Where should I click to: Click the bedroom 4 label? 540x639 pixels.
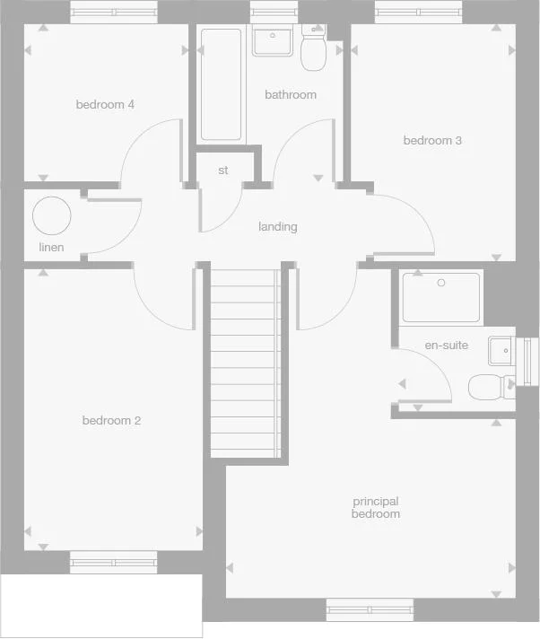[105, 105]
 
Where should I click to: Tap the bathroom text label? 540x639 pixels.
[291, 95]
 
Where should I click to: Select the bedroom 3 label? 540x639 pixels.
[432, 141]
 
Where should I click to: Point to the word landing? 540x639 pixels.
[277, 227]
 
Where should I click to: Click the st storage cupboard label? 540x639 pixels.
[223, 171]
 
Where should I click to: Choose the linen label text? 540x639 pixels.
[51, 247]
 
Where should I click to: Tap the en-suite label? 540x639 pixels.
[446, 346]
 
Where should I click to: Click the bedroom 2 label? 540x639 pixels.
[111, 421]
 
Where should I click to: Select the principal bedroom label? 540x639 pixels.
[375, 508]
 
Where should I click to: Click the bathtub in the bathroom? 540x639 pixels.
[221, 84]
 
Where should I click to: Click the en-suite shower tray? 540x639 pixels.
[440, 296]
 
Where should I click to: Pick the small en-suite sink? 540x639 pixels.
[501, 350]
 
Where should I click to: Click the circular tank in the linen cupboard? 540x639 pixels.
[51, 216]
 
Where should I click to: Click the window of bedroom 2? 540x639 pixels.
[114, 563]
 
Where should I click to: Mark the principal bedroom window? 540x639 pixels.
[370, 610]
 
